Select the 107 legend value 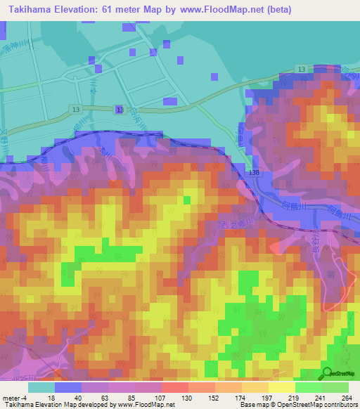(161, 398)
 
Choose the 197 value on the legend (266, 398)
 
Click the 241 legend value (319, 398)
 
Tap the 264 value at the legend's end (345, 398)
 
